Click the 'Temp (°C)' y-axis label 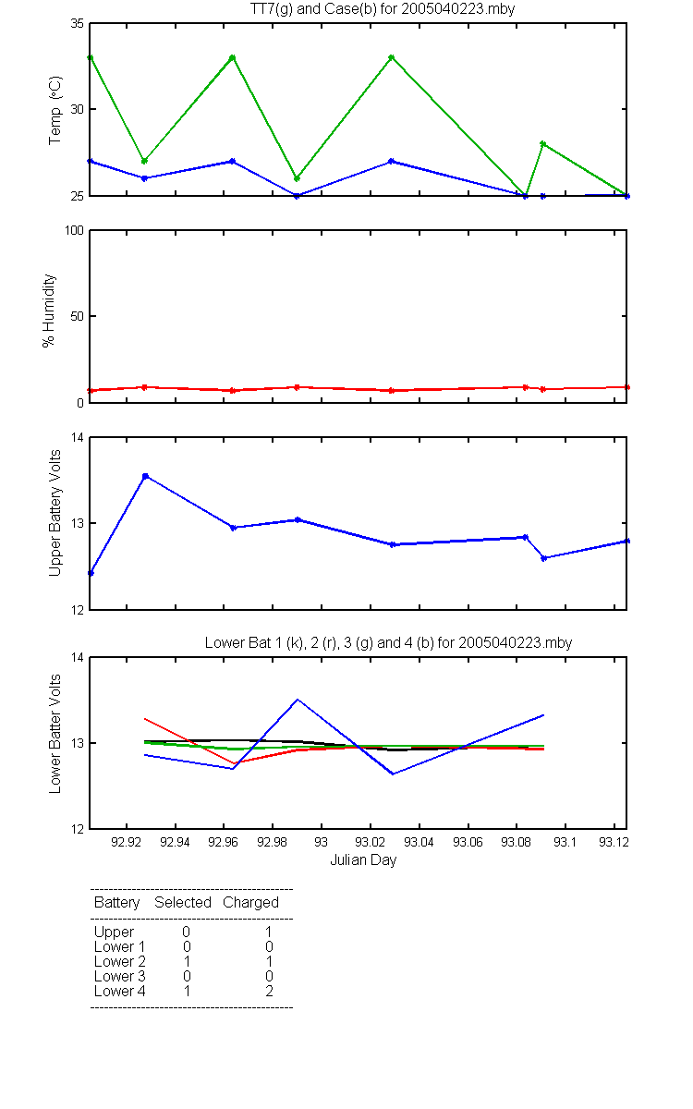55,110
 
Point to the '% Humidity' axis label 48,311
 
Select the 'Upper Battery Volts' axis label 55,513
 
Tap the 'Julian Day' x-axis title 363,860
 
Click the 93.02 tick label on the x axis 370,842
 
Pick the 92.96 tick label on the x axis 223,842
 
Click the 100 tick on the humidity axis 74,231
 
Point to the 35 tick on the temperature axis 78,24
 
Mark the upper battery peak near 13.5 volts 146,476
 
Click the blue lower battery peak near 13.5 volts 297,700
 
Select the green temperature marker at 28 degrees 543,144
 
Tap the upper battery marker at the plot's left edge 91,573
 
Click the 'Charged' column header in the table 250,903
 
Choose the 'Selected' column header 183,903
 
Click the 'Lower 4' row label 120,991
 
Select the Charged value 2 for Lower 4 269,991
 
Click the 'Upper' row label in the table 114,932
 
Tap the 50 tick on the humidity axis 78,316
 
